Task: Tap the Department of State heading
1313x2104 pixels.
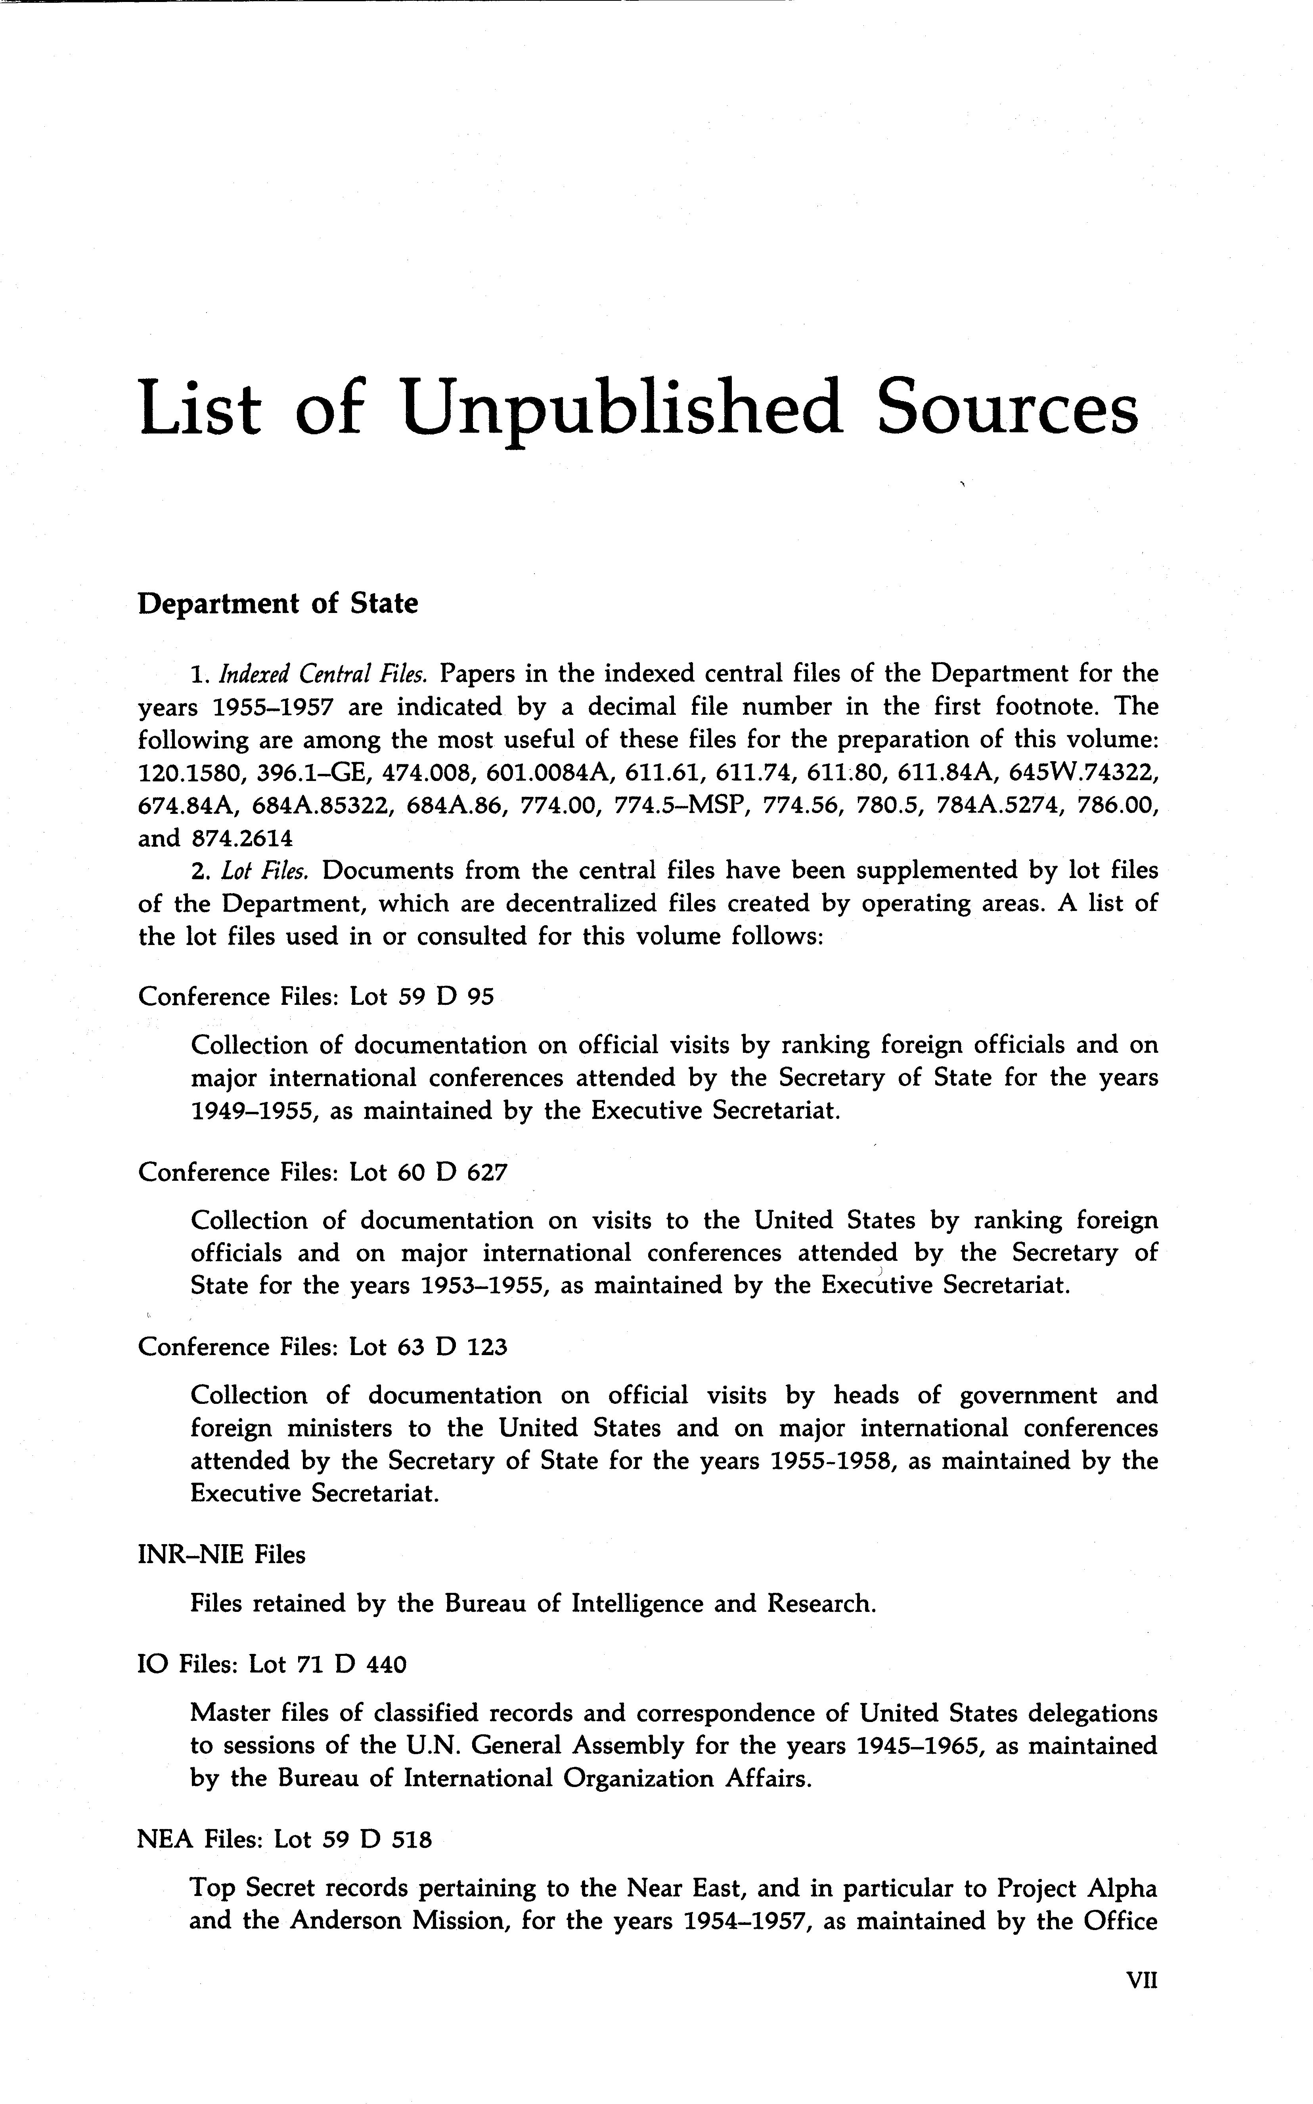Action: click(x=278, y=603)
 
